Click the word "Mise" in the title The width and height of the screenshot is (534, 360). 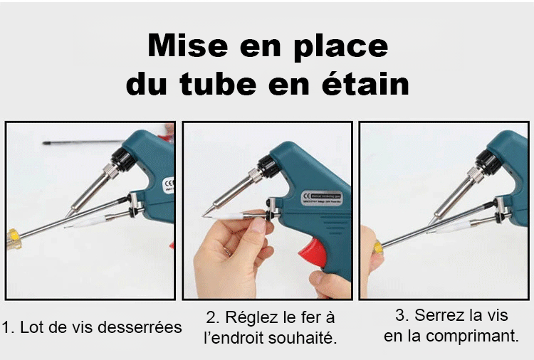pos(188,46)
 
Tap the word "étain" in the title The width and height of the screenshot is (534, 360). pos(365,84)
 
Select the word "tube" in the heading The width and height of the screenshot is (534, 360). pos(218,84)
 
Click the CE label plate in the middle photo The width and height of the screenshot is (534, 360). pos(322,198)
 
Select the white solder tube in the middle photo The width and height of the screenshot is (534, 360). pos(226,216)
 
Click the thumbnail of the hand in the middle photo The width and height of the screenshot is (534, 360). pos(260,224)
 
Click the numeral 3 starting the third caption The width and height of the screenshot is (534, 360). pos(399,315)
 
